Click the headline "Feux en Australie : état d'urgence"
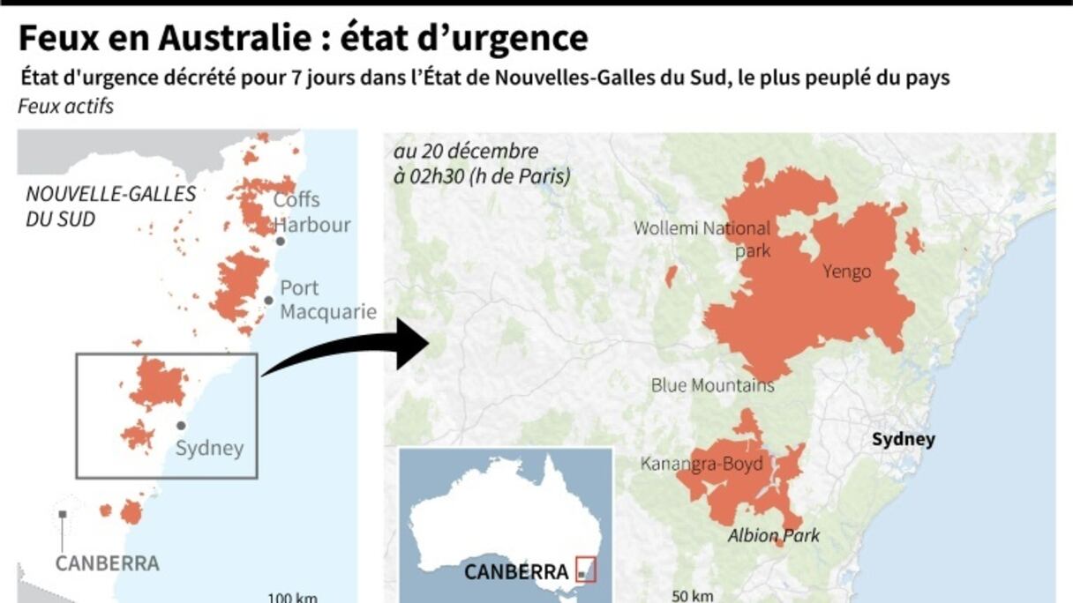pyautogui.click(x=303, y=39)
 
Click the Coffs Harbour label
pyautogui.click(x=311, y=212)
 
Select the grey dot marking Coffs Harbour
pyautogui.click(x=280, y=241)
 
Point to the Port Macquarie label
pyautogui.click(x=327, y=300)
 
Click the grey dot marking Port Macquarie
pyautogui.click(x=268, y=301)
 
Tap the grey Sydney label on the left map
pyautogui.click(x=209, y=448)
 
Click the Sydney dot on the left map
pyautogui.click(x=181, y=425)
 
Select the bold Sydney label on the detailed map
pyautogui.click(x=903, y=439)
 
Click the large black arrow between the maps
pyautogui.click(x=353, y=348)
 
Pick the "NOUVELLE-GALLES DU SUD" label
pyautogui.click(x=110, y=205)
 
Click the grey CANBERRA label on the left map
pyautogui.click(x=107, y=562)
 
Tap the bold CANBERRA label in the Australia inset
pyautogui.click(x=516, y=571)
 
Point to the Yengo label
pyautogui.click(x=846, y=272)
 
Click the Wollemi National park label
pyautogui.click(x=702, y=239)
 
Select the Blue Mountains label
pyautogui.click(x=712, y=385)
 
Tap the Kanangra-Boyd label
pyautogui.click(x=702, y=464)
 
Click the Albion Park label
pyautogui.click(x=773, y=535)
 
